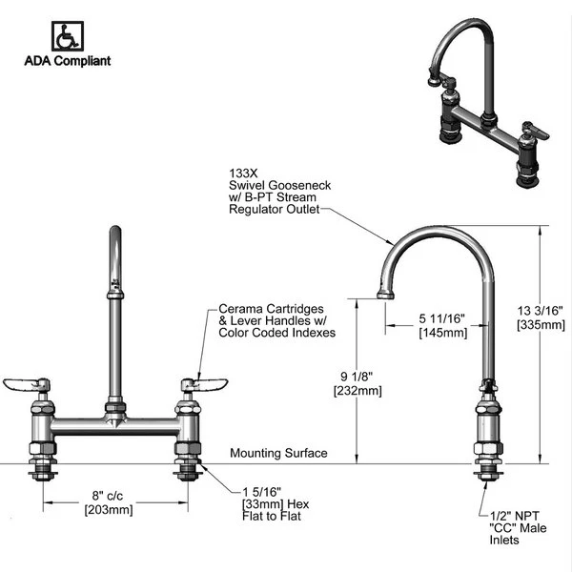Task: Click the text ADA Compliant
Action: coord(67,61)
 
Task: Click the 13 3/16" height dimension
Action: coord(541,310)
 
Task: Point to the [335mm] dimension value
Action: coord(541,325)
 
